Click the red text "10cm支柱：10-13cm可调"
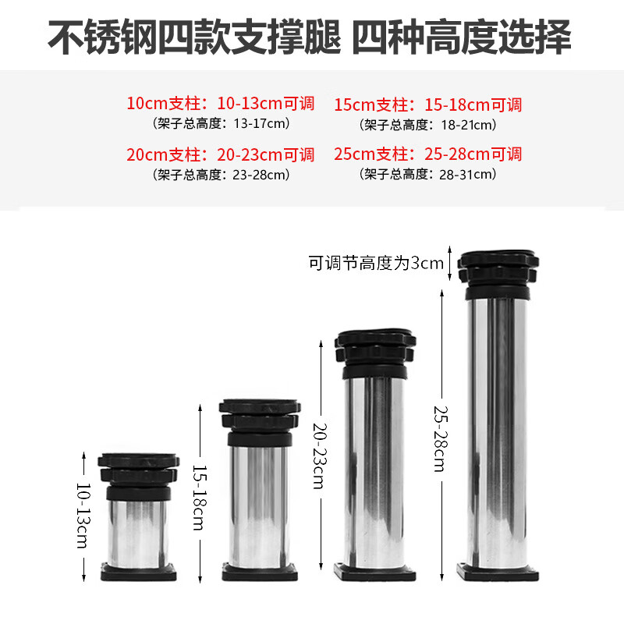point(221,103)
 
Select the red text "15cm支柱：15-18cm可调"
point(428,105)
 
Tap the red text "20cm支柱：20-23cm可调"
point(221,154)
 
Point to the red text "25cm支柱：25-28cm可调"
point(428,154)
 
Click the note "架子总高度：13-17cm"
point(221,123)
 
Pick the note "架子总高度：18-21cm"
point(428,124)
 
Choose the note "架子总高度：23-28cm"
point(221,174)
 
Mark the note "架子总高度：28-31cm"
point(428,174)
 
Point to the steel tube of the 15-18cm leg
point(258,503)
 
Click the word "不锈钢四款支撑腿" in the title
point(195,37)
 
